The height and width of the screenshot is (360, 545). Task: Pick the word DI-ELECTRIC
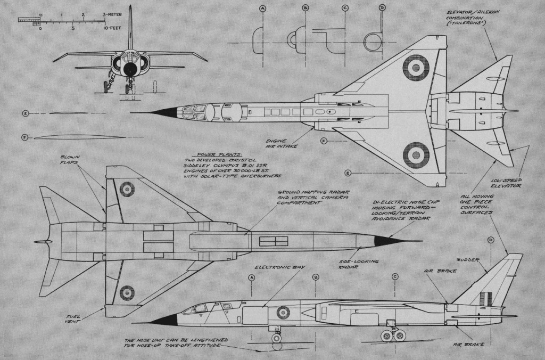[x=387, y=202]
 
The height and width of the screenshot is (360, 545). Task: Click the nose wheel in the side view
[x=276, y=337]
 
